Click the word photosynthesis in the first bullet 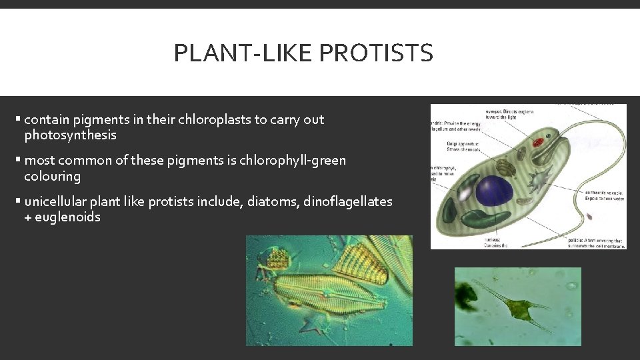pyautogui.click(x=70, y=135)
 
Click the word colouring pyautogui.click(x=52, y=177)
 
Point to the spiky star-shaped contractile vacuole pyautogui.click(x=537, y=179)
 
